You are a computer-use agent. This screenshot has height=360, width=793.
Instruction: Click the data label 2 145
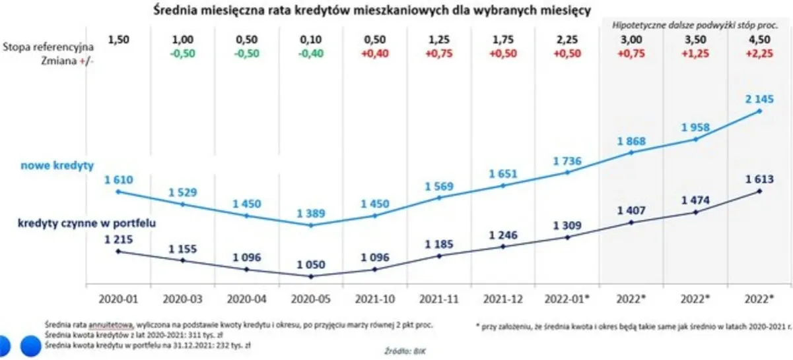coord(759,100)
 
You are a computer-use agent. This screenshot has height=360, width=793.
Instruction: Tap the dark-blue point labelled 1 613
coord(759,191)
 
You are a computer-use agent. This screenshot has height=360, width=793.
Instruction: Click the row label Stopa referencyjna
coord(48,47)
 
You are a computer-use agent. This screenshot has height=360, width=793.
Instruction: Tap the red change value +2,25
coord(759,54)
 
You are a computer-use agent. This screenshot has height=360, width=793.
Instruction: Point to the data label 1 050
coord(310,264)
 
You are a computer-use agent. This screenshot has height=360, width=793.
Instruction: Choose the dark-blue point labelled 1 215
coord(118,251)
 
